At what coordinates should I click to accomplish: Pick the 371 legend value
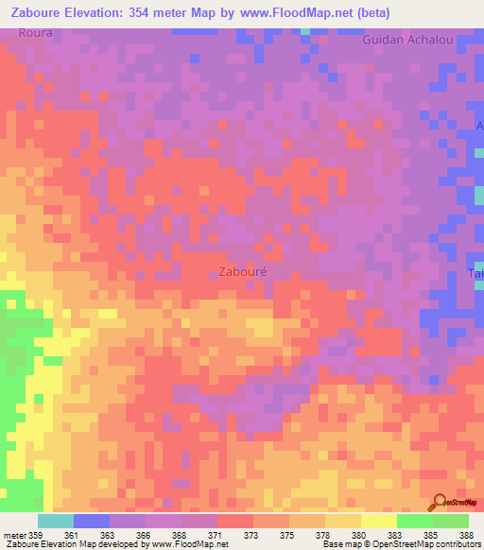(x=216, y=536)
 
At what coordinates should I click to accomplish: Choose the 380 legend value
(x=359, y=536)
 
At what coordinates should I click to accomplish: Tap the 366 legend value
(x=144, y=536)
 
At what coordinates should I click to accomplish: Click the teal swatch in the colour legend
(x=56, y=521)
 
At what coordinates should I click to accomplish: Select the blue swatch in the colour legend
(x=92, y=521)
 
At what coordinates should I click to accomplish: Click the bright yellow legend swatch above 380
(x=378, y=521)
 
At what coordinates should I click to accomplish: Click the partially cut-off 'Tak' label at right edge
(x=477, y=274)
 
